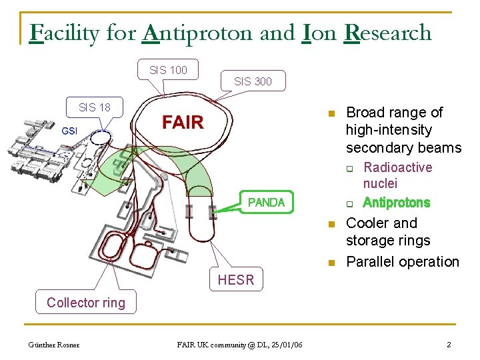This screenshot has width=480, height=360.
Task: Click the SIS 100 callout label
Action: (x=168, y=69)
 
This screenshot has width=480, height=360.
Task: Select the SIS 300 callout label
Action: (x=253, y=81)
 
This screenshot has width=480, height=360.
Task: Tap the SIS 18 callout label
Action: (x=95, y=107)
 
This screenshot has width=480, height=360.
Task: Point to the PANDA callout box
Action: (x=266, y=202)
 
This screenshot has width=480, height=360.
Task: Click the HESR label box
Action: (x=236, y=280)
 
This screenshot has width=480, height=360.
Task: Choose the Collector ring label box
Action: (x=86, y=303)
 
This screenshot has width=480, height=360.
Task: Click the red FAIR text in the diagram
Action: (x=183, y=122)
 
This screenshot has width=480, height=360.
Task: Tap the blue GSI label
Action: (x=70, y=131)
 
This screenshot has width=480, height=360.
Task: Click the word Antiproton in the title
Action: (x=198, y=33)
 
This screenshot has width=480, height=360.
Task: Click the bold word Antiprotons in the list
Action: (x=397, y=203)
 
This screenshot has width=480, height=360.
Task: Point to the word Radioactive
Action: (x=398, y=167)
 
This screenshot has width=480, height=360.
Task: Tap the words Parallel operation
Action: (x=403, y=261)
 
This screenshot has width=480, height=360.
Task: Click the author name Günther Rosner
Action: (x=53, y=345)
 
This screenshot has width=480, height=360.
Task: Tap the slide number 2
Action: (x=449, y=345)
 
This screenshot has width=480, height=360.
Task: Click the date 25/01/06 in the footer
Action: (x=289, y=345)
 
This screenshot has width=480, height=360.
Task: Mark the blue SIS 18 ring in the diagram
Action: (x=99, y=137)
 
